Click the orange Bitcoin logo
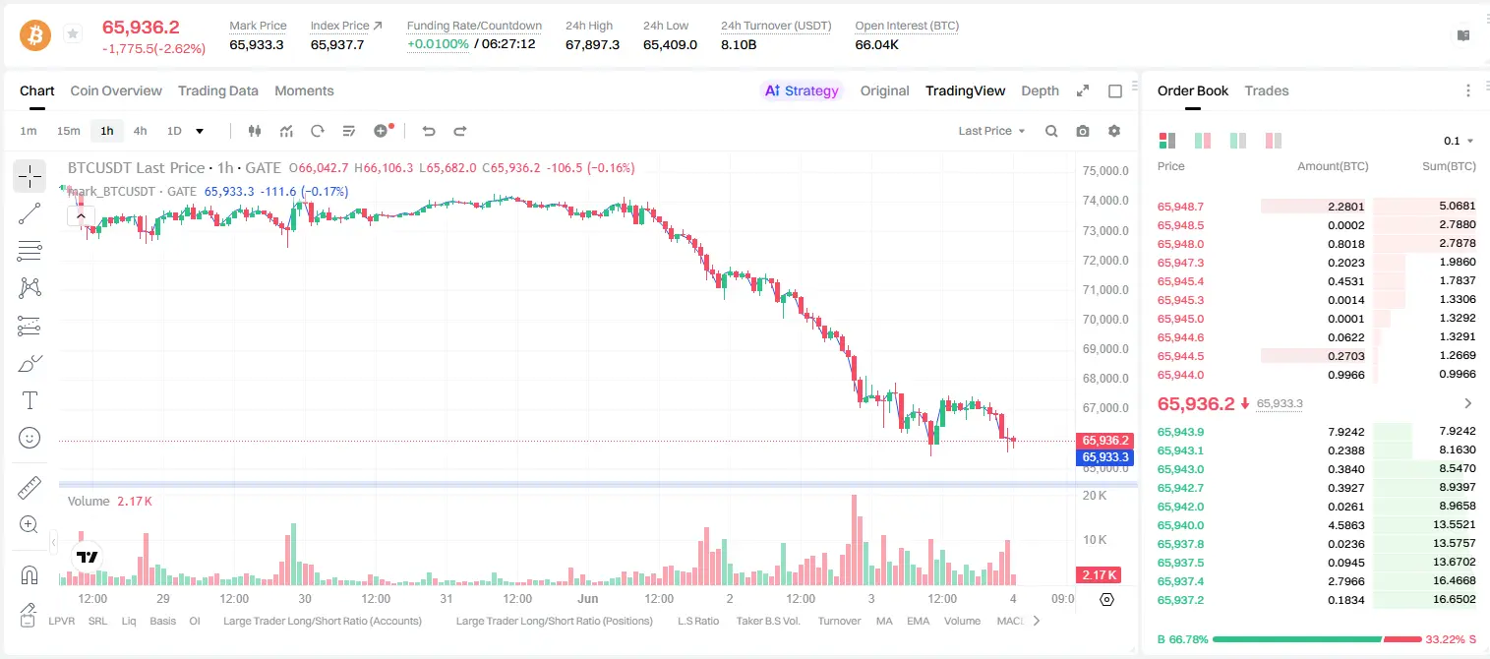[35, 34]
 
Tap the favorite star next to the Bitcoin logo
[73, 33]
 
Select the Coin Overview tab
[116, 90]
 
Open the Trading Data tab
[217, 90]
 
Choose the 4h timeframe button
[140, 131]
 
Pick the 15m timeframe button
[68, 131]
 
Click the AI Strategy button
[802, 90]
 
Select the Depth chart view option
[1040, 90]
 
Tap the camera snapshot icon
[1083, 131]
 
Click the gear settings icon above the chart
[1114, 131]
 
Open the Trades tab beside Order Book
[1267, 90]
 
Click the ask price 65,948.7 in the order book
[1180, 207]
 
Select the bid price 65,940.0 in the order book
[1180, 525]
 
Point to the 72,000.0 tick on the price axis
[1105, 260]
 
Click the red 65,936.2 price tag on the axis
[1104, 441]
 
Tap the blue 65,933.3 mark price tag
[1104, 456]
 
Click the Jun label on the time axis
[588, 598]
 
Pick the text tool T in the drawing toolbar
[30, 400]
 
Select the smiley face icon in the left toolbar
[30, 438]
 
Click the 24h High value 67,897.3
[592, 44]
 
